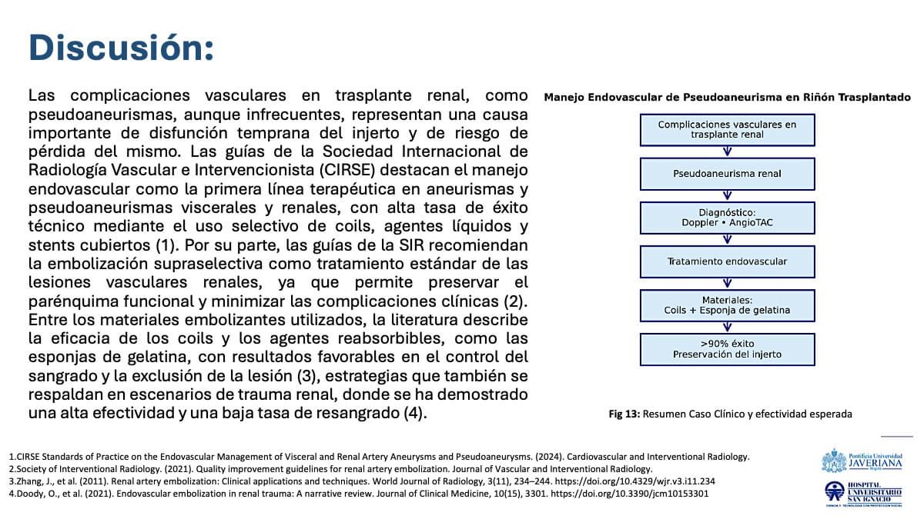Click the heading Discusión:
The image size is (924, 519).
click(121, 48)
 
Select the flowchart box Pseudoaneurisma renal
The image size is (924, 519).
click(727, 174)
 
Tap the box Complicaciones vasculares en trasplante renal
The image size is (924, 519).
click(727, 130)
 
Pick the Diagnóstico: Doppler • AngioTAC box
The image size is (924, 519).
click(727, 218)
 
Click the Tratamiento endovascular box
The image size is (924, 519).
click(727, 261)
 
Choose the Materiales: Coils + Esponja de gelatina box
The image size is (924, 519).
click(727, 305)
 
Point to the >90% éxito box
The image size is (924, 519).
click(727, 349)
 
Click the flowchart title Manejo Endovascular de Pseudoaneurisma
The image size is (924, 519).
click(727, 98)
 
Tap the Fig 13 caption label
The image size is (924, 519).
click(624, 414)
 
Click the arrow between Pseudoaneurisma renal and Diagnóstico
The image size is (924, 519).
click(727, 195)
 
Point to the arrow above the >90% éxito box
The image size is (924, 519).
click(727, 327)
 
